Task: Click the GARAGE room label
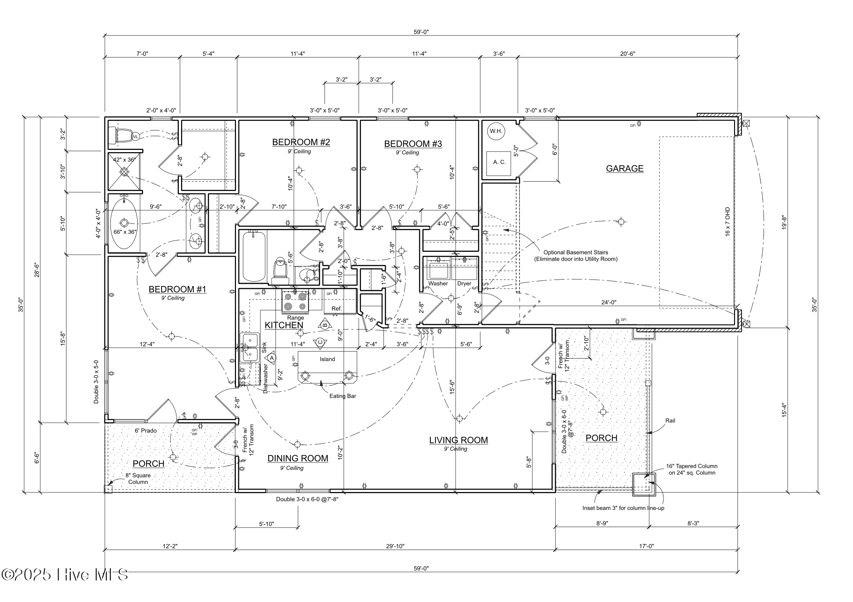click(624, 169)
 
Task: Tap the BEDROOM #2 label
click(301, 142)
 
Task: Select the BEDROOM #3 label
click(413, 144)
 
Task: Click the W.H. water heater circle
click(496, 131)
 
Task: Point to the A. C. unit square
click(499, 162)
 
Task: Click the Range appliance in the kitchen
click(295, 302)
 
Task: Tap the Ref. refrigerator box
click(337, 308)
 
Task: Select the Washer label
click(438, 284)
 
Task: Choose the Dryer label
click(464, 284)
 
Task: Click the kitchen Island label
click(327, 359)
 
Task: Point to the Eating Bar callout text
click(343, 396)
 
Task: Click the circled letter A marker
click(272, 357)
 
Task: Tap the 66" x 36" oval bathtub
click(125, 223)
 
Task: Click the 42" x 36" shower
click(125, 172)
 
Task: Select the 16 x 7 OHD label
click(728, 221)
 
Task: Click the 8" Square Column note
click(138, 478)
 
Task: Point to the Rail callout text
click(670, 420)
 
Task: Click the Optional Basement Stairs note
click(576, 256)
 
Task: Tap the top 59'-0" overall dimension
click(421, 32)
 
